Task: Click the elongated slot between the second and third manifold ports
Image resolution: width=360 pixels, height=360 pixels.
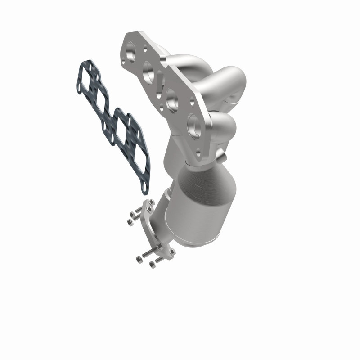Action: click(160, 85)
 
